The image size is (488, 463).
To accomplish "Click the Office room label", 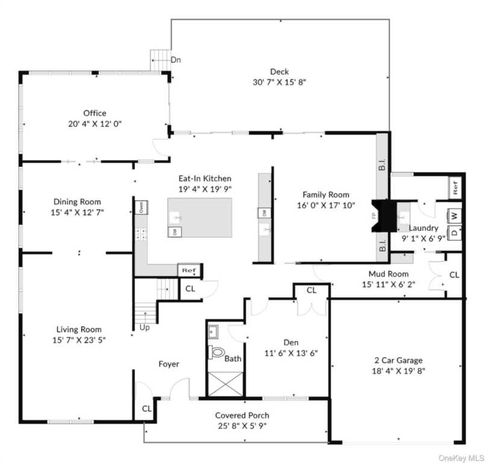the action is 95,113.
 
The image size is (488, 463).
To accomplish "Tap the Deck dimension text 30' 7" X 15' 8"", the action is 280,82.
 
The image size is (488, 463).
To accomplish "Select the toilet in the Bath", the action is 217,352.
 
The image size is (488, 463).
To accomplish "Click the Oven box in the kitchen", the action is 142,207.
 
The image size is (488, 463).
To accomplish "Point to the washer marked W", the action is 454,215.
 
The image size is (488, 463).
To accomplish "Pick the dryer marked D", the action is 454,233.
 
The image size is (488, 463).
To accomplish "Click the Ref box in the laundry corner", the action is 455,187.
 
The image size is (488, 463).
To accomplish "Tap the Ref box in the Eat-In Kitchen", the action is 189,270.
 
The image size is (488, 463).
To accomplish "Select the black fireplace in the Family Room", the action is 384,216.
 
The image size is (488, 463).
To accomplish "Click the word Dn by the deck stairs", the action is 175,60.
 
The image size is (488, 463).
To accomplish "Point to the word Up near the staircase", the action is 145,327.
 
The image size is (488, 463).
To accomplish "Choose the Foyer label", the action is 169,364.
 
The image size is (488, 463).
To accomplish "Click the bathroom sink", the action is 213,332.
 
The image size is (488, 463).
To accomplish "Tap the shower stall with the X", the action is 225,384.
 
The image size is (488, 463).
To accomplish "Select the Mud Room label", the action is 389,274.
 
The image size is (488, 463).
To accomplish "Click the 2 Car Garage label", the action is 398,361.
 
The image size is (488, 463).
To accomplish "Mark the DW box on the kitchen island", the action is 175,232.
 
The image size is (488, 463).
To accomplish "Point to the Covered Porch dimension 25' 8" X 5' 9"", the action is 242,426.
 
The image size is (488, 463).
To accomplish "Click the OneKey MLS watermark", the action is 461,458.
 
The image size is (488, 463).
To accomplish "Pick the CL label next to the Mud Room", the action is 454,275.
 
